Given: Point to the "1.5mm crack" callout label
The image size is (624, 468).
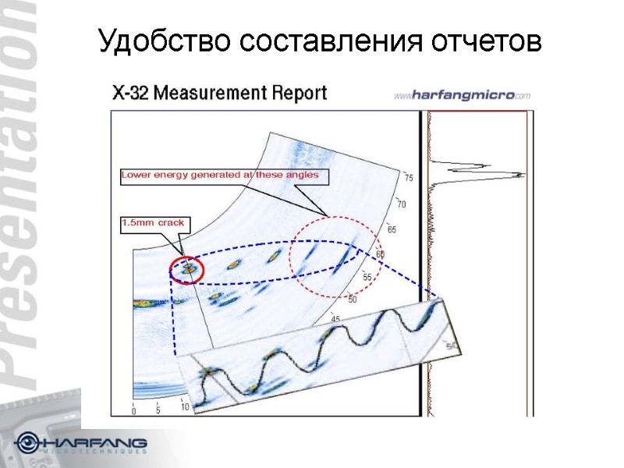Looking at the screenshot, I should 153,223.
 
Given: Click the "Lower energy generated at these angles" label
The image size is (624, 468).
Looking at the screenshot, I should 220,175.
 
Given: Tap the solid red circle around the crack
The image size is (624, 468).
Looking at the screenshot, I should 187,270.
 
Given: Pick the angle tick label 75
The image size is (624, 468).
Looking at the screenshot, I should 409,179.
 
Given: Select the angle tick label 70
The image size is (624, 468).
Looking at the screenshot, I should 402,204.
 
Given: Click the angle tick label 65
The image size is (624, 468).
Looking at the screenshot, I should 392,229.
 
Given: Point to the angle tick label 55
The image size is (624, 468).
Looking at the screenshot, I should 367,278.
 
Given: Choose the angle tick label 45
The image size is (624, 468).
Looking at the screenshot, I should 336,318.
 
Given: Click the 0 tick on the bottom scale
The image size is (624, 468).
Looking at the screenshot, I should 133,411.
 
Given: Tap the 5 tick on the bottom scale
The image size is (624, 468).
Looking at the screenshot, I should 158,409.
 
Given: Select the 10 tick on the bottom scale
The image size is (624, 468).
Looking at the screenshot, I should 185,406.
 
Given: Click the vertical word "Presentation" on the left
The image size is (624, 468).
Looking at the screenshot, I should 23,195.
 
